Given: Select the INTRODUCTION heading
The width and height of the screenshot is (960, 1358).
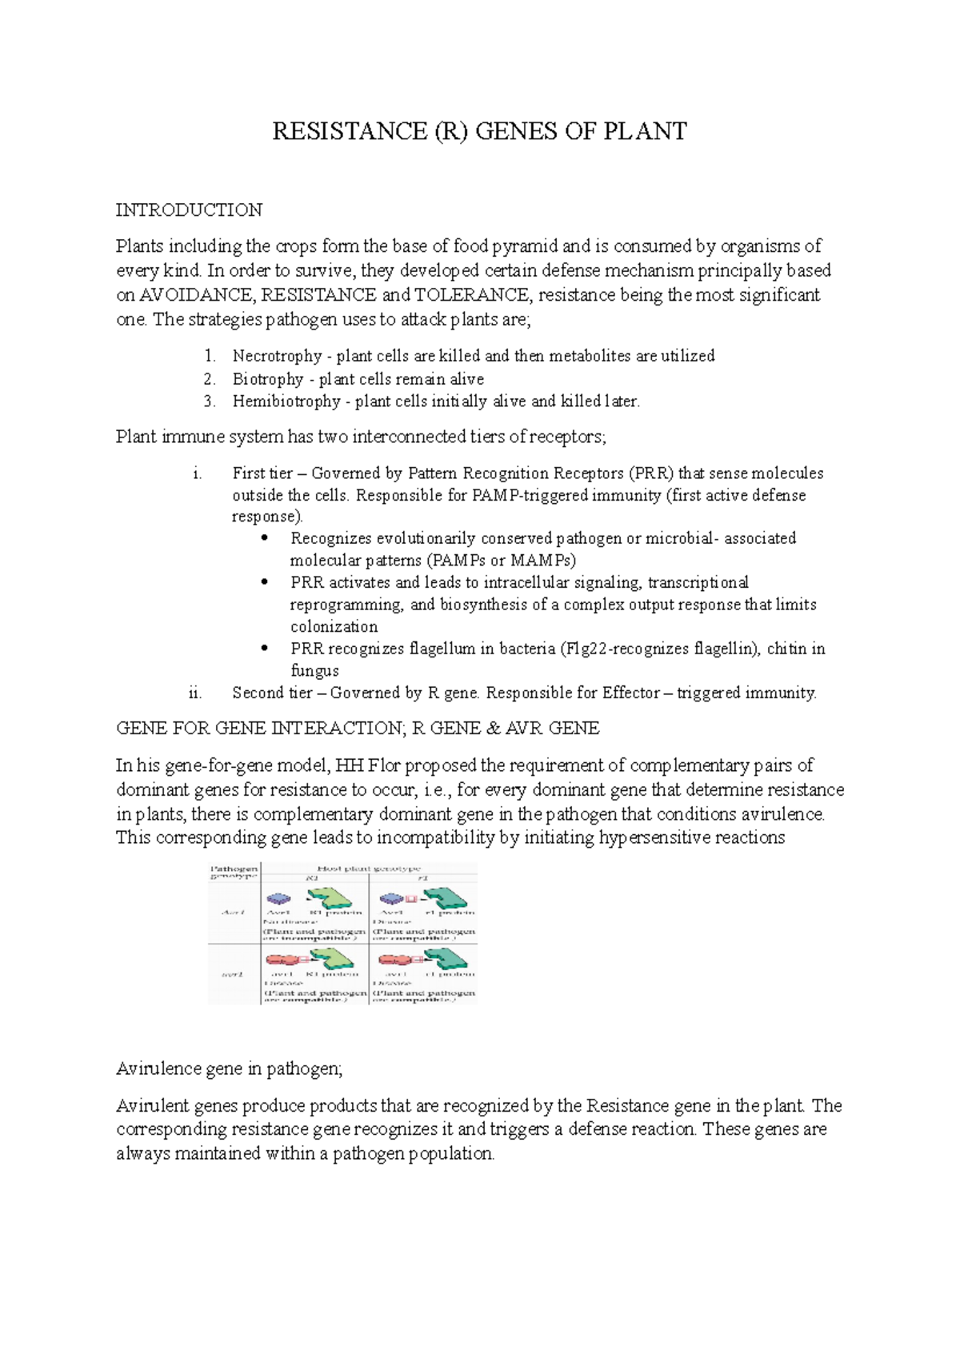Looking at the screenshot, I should coord(189,210).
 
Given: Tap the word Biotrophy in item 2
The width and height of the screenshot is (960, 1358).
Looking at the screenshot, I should coord(268,379).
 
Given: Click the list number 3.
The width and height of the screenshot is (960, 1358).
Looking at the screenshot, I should coord(209,401).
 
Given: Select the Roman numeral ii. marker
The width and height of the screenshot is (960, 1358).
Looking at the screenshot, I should coord(195,693).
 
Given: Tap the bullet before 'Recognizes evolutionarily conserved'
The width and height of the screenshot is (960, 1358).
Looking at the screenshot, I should coord(265,538).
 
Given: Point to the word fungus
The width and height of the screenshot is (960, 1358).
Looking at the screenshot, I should coord(314,671).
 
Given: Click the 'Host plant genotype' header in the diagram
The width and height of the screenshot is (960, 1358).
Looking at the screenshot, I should coord(369,869).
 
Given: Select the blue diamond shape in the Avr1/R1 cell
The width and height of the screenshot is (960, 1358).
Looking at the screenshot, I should coord(278,899).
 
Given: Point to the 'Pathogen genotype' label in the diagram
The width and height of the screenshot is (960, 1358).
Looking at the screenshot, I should coord(234,872).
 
